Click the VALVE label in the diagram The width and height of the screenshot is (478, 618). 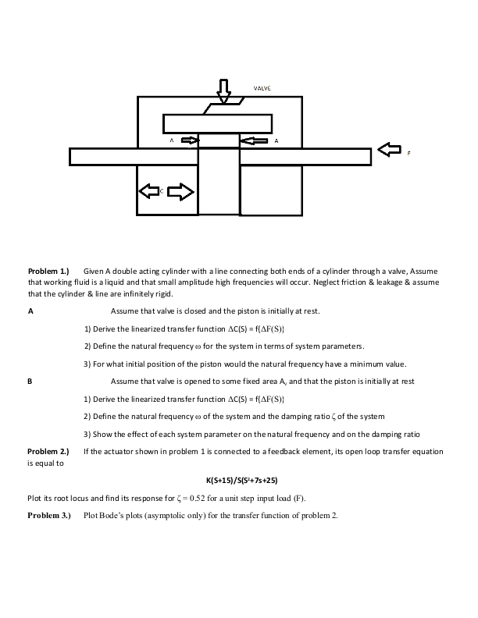[x=262, y=89]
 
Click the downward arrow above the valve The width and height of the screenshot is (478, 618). [x=224, y=91]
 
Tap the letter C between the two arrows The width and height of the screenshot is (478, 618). [x=162, y=190]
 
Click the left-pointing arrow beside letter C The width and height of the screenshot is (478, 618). [x=148, y=190]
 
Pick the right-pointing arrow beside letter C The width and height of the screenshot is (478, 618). [x=180, y=190]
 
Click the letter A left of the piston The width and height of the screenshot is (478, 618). [x=171, y=141]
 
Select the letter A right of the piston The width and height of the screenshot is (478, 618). [x=276, y=141]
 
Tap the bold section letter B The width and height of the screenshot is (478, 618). [x=30, y=382]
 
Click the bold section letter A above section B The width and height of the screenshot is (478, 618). [x=30, y=311]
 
